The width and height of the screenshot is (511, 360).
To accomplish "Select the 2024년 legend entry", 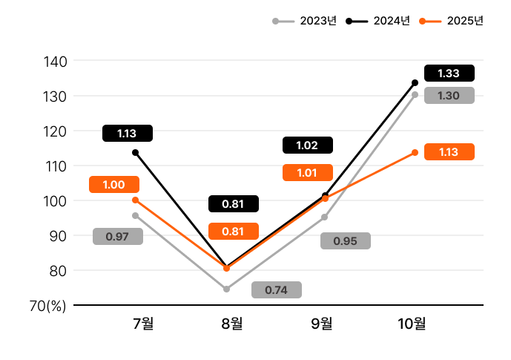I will coord(379,21).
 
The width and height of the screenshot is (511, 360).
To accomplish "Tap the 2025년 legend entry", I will coord(452,21).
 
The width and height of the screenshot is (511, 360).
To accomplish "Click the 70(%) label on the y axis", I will coord(47,306).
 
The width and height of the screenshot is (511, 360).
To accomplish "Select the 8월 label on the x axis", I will coord(232,324).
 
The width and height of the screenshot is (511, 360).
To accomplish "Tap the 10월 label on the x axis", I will coord(412,324).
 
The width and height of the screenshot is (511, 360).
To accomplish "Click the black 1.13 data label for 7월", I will coord(127,134).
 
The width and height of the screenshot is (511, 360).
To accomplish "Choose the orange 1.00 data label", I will coord(113,185).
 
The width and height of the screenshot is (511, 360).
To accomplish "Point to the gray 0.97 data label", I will coord(118,237).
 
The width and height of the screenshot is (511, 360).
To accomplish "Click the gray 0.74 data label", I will coord(276,290).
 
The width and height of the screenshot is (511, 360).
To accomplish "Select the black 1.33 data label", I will coord(449,73).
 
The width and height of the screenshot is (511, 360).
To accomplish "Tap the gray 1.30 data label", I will coord(449,96).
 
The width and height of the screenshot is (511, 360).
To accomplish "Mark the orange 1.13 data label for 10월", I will coord(449,152).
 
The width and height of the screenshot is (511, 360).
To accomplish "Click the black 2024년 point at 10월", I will coord(415,82).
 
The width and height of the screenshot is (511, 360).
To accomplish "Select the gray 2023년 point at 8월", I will coord(226,289).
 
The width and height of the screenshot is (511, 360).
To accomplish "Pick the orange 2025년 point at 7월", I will coord(135,200).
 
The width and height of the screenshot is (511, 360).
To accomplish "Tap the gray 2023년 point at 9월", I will coord(325,217).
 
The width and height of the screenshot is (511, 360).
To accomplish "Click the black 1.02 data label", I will coord(307,145).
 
